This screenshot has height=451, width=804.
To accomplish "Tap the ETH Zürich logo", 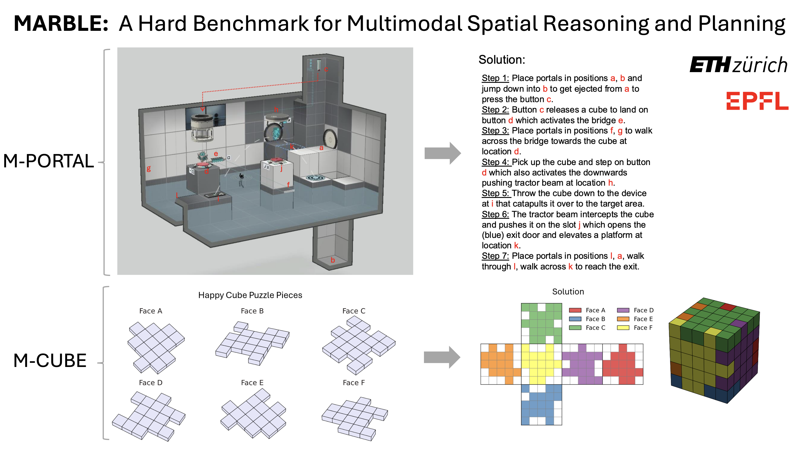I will point(738,65).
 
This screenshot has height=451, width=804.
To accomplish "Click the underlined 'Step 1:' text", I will point(495,78).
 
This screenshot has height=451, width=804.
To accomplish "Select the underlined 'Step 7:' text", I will point(495,256).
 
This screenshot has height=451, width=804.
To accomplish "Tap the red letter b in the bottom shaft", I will point(333,260).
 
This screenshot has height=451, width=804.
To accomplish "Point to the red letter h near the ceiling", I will point(276,109).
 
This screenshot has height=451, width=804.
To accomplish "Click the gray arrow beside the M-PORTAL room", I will point(442,153).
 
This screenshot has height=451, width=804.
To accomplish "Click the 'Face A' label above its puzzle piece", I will point(150,311).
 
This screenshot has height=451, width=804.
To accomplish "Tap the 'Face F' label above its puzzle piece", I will point(354,382).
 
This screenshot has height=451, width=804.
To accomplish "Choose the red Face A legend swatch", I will point(575,310).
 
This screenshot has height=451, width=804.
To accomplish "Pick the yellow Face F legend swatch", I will point(623,328).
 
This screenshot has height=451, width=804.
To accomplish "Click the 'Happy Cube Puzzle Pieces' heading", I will point(250,295).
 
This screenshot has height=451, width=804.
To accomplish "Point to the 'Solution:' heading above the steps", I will point(502,60).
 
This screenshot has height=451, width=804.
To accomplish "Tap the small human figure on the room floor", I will point(241,180).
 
